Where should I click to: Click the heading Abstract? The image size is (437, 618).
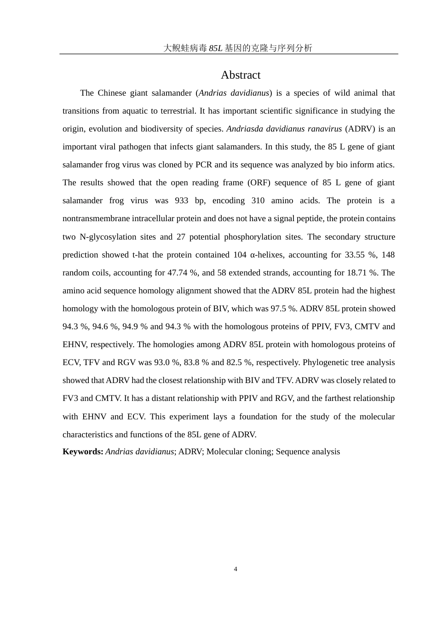point(241,75)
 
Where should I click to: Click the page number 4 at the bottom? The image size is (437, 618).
point(236,569)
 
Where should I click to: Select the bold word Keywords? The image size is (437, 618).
point(83,452)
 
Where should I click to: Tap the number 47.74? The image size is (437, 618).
point(178,273)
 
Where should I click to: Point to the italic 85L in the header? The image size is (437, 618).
point(215,48)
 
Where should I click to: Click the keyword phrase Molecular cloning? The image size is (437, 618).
point(239,452)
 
